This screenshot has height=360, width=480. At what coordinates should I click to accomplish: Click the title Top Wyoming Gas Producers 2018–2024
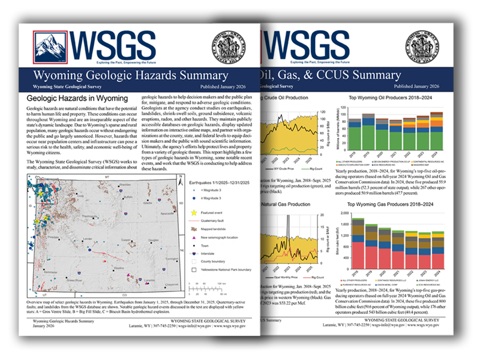[x=392, y=205]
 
